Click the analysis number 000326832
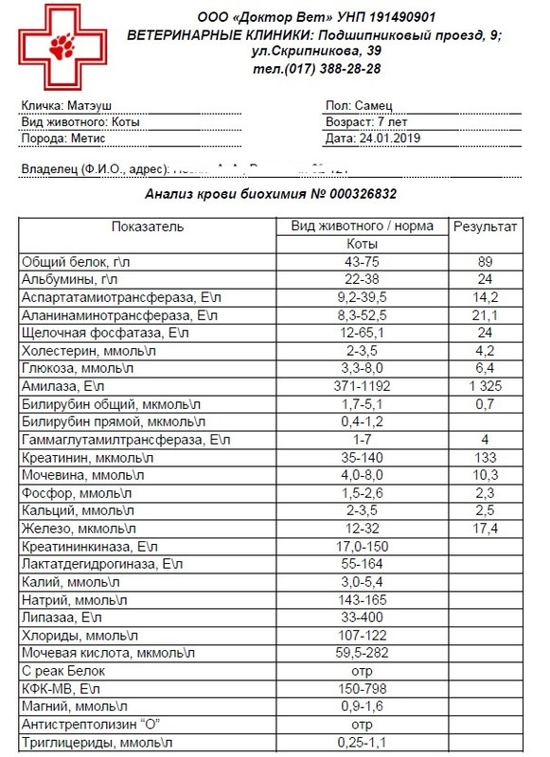357,193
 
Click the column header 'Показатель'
148,227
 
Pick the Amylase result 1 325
485,386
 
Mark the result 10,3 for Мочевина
485,475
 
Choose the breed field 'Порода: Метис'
62,138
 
